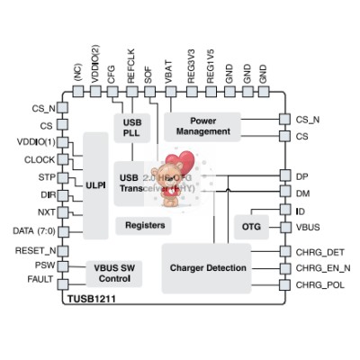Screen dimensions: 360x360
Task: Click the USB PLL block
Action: [x=130, y=128]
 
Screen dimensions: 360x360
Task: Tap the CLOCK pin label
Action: [x=40, y=160]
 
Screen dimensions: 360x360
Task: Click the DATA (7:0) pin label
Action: [x=32, y=230]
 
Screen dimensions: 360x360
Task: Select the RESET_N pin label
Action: [x=36, y=249]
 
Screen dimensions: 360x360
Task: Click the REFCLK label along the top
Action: [x=131, y=73]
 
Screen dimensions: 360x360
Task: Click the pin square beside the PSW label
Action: [x=67, y=265]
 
